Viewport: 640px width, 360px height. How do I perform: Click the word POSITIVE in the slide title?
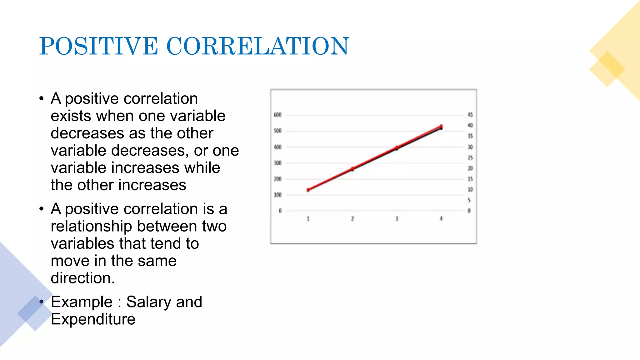click(x=98, y=46)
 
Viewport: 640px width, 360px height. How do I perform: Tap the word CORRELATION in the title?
click(x=257, y=46)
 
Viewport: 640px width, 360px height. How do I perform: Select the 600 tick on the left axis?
click(x=277, y=115)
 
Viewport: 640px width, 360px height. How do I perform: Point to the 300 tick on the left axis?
click(x=277, y=163)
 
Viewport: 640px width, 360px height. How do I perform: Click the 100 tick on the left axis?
click(x=277, y=195)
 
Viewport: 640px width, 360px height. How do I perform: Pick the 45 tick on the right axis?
click(x=470, y=115)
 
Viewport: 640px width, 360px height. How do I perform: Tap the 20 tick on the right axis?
click(x=470, y=168)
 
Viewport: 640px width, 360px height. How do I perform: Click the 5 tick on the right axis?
click(x=469, y=200)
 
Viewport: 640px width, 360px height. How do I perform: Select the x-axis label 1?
click(x=308, y=219)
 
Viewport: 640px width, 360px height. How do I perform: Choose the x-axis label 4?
click(x=441, y=218)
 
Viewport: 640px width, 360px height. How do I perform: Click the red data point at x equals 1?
click(x=308, y=190)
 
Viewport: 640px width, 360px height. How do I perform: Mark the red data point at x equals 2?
click(x=352, y=169)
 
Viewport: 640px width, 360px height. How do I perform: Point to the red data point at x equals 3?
click(x=397, y=147)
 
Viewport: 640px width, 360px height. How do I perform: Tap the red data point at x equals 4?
click(x=441, y=127)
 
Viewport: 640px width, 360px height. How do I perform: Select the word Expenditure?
click(x=93, y=319)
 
